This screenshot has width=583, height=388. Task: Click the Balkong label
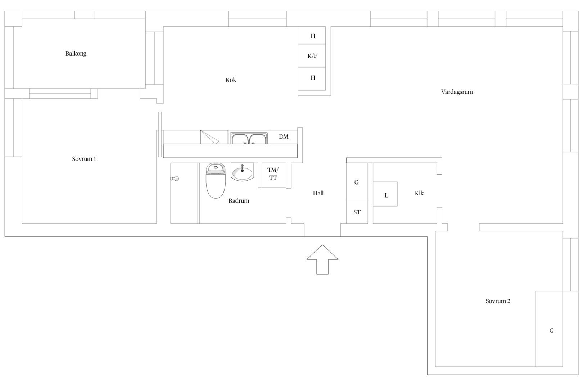click(76, 54)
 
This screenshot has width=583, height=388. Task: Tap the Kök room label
click(231, 80)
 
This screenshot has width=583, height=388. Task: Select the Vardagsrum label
click(457, 92)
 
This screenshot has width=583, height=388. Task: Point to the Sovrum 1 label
click(84, 159)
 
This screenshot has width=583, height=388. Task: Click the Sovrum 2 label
click(498, 301)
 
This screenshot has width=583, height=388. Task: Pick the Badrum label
click(239, 200)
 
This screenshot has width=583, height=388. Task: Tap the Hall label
click(318, 193)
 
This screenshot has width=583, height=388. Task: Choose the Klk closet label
click(419, 193)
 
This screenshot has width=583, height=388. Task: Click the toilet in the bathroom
click(216, 181)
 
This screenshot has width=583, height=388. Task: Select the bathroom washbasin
click(242, 172)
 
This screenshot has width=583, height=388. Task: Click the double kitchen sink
click(249, 138)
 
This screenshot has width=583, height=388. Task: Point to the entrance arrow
click(322, 259)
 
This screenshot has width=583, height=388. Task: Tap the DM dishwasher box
click(284, 137)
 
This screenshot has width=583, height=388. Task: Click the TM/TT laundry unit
click(274, 175)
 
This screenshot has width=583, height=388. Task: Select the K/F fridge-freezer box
click(312, 56)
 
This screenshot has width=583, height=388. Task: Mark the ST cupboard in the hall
click(357, 212)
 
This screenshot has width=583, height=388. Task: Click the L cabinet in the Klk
click(385, 194)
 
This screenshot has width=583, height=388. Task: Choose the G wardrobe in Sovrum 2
click(549, 329)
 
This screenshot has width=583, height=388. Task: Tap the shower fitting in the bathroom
click(175, 179)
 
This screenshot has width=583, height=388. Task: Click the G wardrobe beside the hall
click(357, 182)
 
